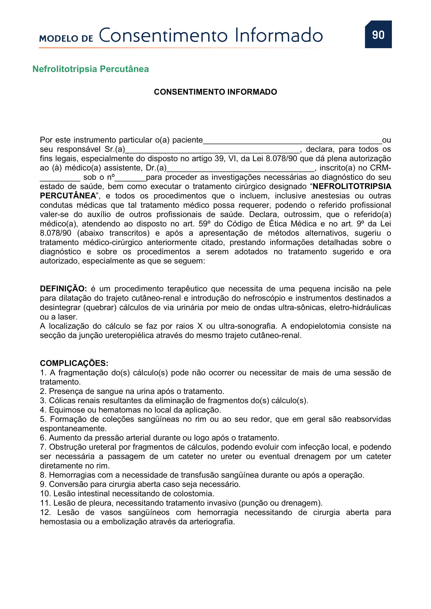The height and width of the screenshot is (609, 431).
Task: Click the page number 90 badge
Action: point(378,34)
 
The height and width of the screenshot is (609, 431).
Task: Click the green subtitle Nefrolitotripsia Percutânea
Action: point(90,69)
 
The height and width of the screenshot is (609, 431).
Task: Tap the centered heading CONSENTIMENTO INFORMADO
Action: point(215,92)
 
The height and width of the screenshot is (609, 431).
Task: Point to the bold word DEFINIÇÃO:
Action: point(63,288)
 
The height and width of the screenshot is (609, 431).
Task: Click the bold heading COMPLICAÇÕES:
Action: point(74,363)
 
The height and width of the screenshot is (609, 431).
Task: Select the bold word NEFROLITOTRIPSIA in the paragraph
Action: point(352,186)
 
